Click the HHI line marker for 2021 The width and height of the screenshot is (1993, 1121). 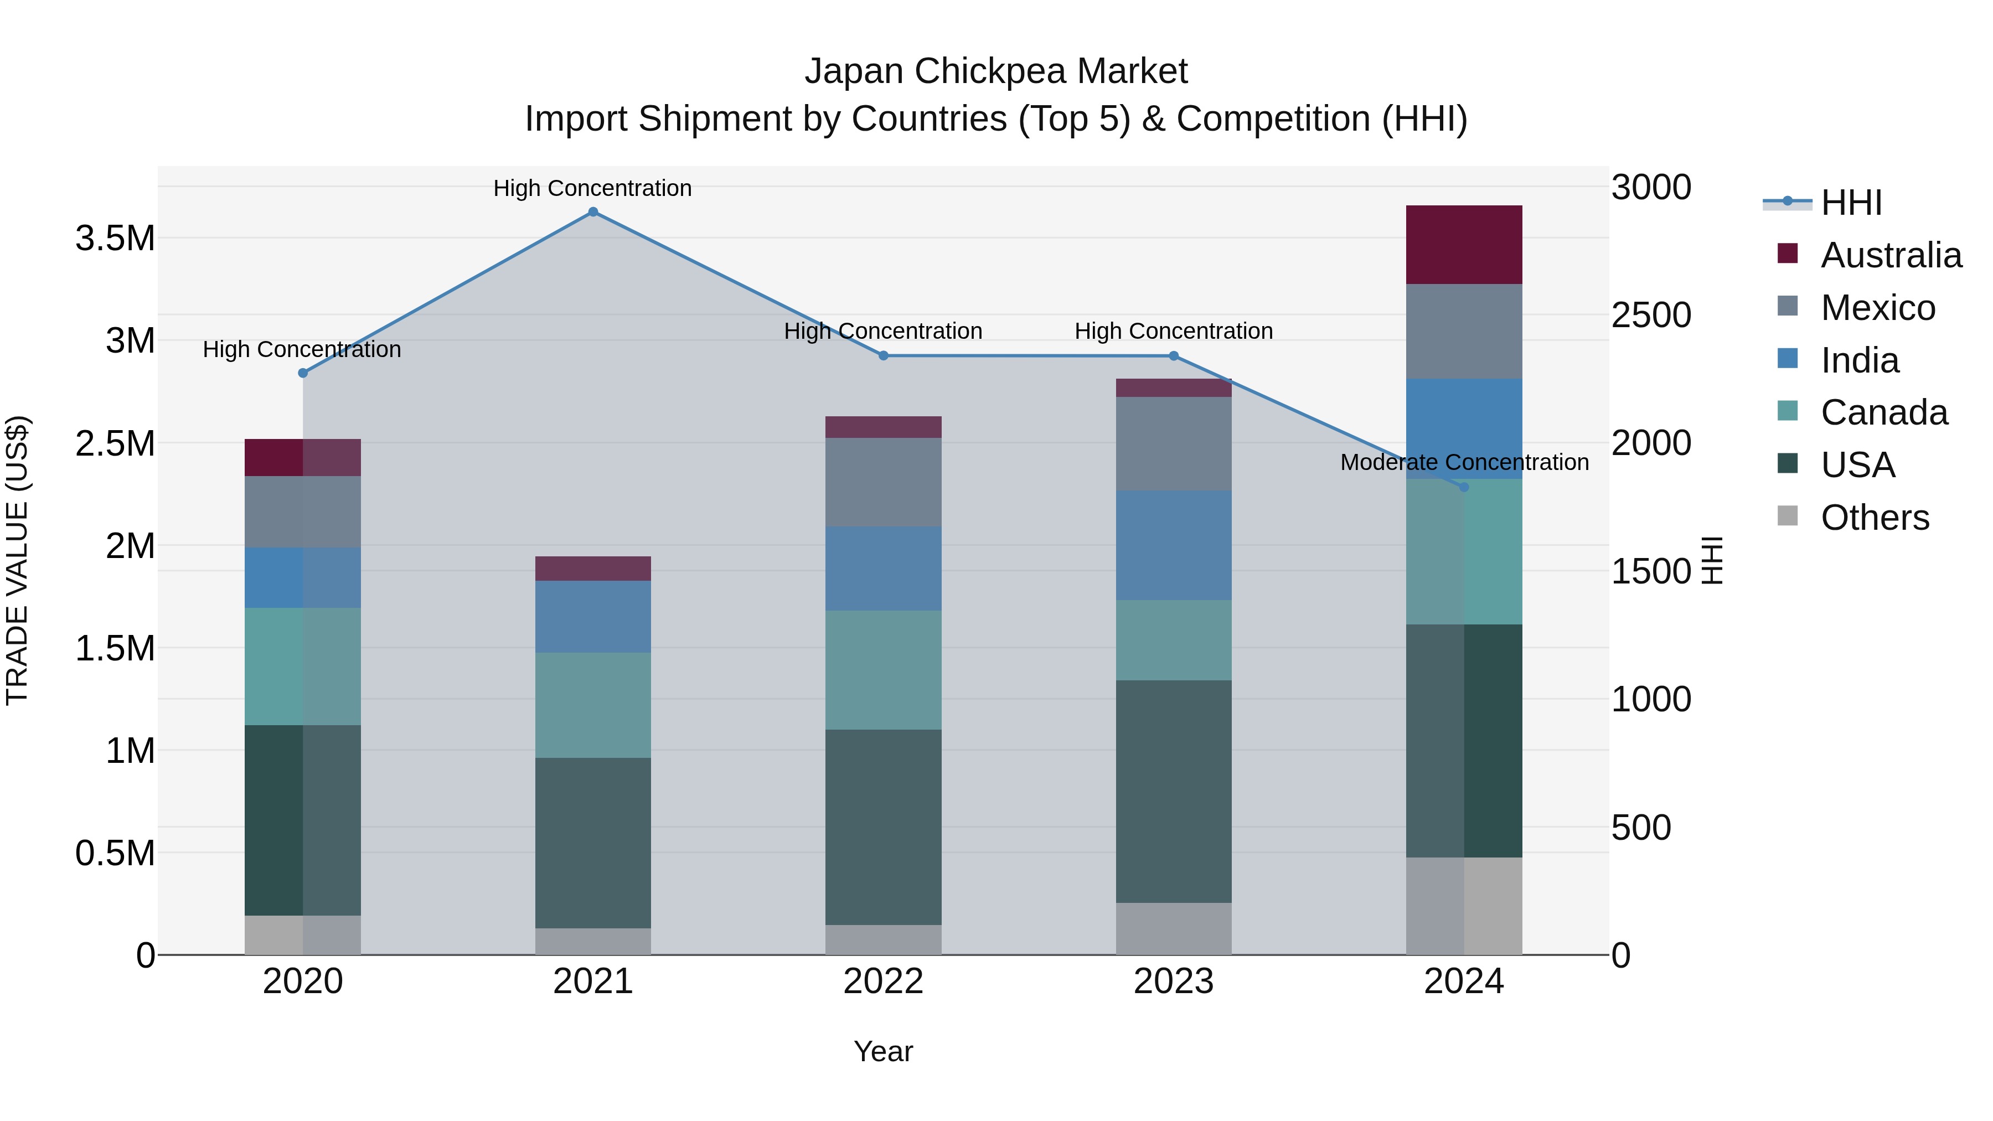[x=592, y=212]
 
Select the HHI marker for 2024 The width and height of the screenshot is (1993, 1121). [x=1464, y=487]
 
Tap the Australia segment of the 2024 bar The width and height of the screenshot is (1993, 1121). [x=1464, y=245]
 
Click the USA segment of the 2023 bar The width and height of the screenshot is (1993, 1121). [x=1173, y=791]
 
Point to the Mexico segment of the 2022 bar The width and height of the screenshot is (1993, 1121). [x=883, y=482]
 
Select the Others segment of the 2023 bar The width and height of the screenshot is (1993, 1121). [x=1173, y=928]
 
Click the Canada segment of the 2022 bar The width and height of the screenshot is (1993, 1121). [x=883, y=670]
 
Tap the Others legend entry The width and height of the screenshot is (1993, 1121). [x=1874, y=518]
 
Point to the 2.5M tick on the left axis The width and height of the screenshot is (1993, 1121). [x=115, y=444]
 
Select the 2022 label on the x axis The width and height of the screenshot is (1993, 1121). [x=883, y=981]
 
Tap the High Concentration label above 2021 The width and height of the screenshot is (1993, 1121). [x=592, y=188]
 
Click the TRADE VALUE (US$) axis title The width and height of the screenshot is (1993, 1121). [x=17, y=560]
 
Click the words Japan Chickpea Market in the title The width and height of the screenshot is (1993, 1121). [x=996, y=71]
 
